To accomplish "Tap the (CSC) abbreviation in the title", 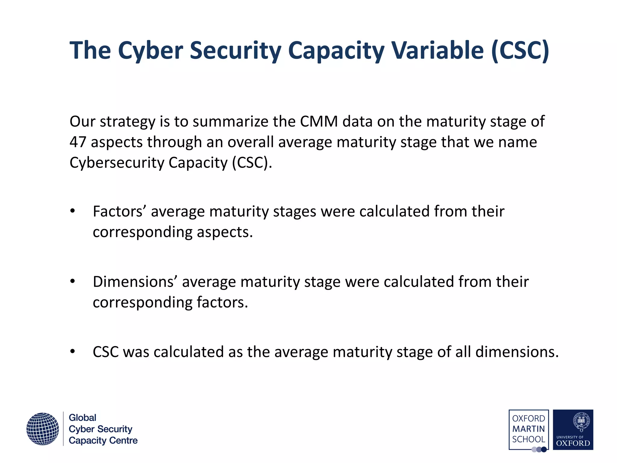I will [520, 50].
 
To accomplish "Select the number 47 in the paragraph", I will [78, 142].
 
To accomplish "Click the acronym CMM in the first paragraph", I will [319, 121].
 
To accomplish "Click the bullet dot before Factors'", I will [73, 211].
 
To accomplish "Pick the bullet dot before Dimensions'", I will [73, 282].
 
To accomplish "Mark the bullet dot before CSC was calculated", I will [73, 352].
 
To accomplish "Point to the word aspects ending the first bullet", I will [224, 232].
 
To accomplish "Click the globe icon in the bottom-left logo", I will [42, 429].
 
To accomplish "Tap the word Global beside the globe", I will [83, 418].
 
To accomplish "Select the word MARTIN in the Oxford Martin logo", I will [528, 429].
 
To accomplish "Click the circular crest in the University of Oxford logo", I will [581, 421].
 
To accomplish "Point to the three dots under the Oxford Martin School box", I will [539, 450].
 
